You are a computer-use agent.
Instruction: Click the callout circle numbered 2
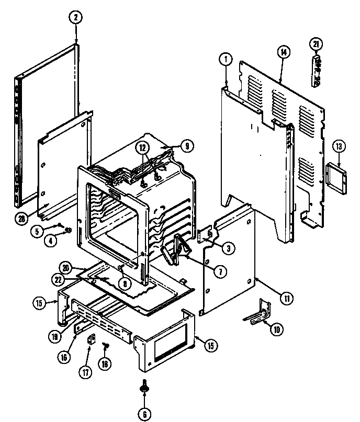76,17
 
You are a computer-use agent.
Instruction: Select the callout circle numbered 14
283,51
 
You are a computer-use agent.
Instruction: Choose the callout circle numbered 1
225,60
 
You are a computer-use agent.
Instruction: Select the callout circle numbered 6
143,414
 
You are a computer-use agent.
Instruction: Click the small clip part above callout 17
89,340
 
